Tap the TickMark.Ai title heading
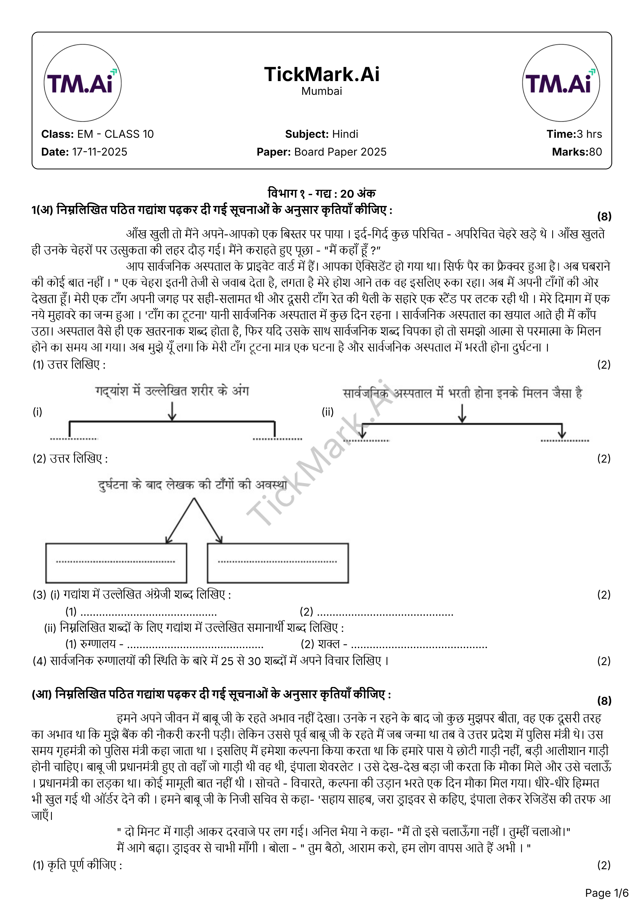point(322,74)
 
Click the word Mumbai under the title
point(322,91)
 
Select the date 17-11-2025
point(100,152)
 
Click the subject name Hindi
point(345,134)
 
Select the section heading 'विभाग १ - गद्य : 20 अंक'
point(322,194)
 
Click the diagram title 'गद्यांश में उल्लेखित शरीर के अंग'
point(172,391)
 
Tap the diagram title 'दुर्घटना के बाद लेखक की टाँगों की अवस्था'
point(193,485)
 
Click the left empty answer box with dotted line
point(116,563)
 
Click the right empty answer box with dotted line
point(278,563)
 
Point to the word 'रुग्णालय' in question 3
point(98,644)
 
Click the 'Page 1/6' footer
point(606,893)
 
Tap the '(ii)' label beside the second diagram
point(328,412)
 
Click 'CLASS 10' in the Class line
point(129,134)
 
